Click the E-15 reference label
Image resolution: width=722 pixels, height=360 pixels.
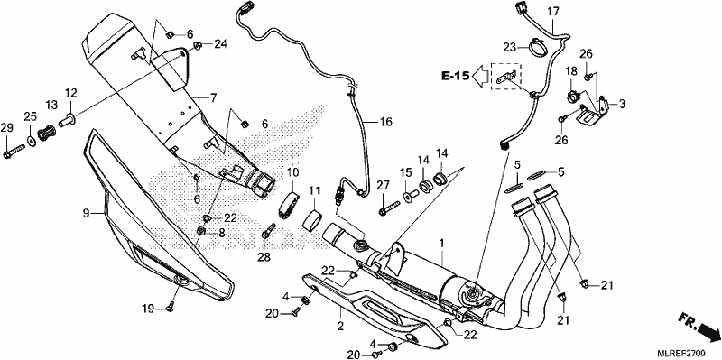pos(456,76)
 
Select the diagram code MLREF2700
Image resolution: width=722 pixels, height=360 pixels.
pos(683,353)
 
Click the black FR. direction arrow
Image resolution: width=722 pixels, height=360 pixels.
pos(707,329)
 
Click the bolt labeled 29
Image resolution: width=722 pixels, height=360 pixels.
pos(14,152)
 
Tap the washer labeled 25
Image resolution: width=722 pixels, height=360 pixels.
pos(31,139)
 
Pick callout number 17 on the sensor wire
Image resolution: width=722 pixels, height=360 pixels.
pos(552,13)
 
